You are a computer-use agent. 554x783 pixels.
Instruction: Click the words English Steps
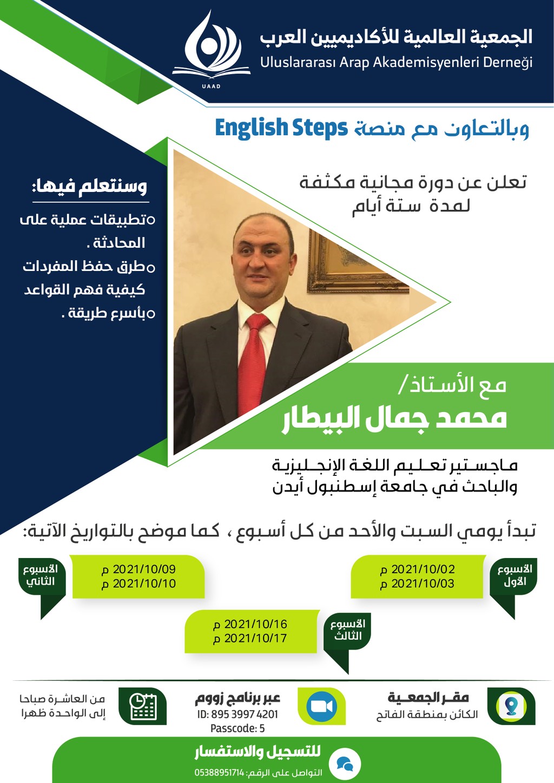point(281,128)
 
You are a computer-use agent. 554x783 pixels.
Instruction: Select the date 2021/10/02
point(423,569)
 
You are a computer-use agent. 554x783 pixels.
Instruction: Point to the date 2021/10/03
point(423,584)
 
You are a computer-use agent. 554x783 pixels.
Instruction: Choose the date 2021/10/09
point(144,569)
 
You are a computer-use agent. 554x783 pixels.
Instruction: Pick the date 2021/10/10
point(144,584)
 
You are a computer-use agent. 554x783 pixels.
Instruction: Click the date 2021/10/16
point(256,625)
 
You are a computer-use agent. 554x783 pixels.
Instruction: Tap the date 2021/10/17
point(256,639)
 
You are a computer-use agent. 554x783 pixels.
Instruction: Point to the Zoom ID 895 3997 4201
point(238,714)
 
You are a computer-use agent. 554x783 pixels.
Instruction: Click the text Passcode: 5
point(238,729)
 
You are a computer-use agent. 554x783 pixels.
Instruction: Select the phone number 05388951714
point(219,773)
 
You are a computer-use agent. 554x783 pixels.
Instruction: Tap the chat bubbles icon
point(345,765)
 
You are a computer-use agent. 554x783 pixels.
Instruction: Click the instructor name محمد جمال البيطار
point(394,419)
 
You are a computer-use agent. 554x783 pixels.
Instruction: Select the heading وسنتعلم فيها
point(89,186)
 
